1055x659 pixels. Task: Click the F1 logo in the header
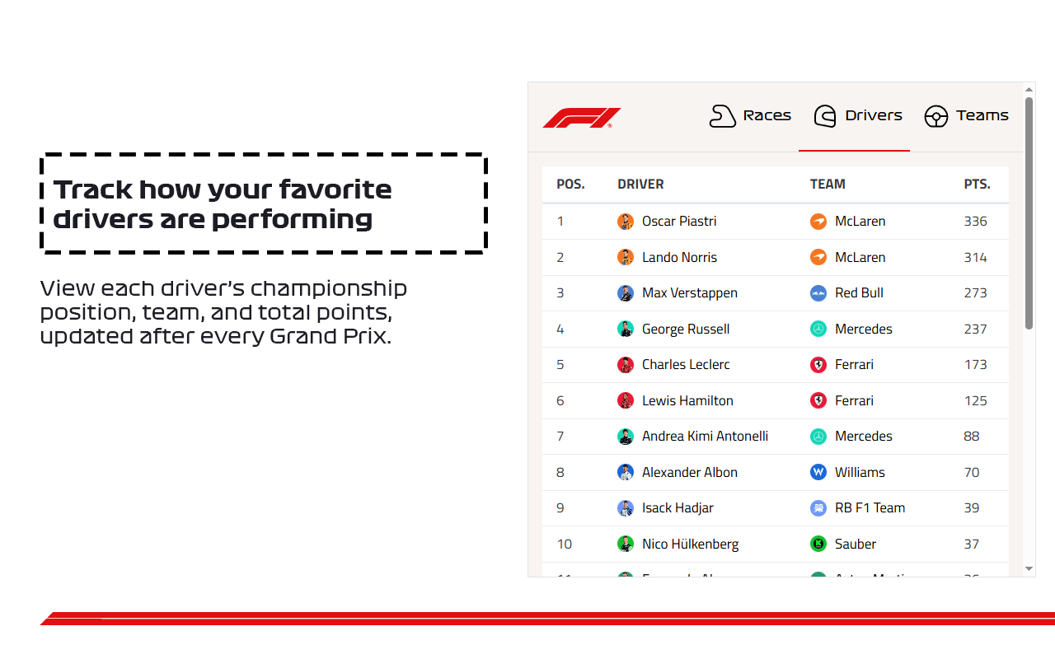pyautogui.click(x=581, y=118)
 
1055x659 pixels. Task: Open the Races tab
pyautogui.click(x=750, y=116)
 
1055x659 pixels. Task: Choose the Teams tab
pyautogui.click(x=966, y=116)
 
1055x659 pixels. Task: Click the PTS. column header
pyautogui.click(x=977, y=185)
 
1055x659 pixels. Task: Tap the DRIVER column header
pyautogui.click(x=640, y=185)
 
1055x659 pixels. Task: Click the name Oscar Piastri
pyautogui.click(x=679, y=222)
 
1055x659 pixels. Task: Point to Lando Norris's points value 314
pyautogui.click(x=975, y=258)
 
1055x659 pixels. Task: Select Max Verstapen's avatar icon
pyautogui.click(x=626, y=293)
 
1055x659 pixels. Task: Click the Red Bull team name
pyautogui.click(x=859, y=293)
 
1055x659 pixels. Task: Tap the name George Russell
pyautogui.click(x=686, y=329)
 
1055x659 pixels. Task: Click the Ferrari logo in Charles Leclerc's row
pyautogui.click(x=818, y=365)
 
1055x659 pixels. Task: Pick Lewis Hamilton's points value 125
pyautogui.click(x=975, y=401)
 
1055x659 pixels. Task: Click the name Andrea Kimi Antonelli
pyautogui.click(x=705, y=437)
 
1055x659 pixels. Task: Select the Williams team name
pyautogui.click(x=860, y=473)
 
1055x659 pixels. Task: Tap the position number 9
pyautogui.click(x=560, y=508)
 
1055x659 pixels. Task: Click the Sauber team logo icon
pyautogui.click(x=818, y=544)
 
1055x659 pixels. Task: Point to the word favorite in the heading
pyautogui.click(x=335, y=189)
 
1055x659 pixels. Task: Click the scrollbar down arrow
pyautogui.click(x=1029, y=568)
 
